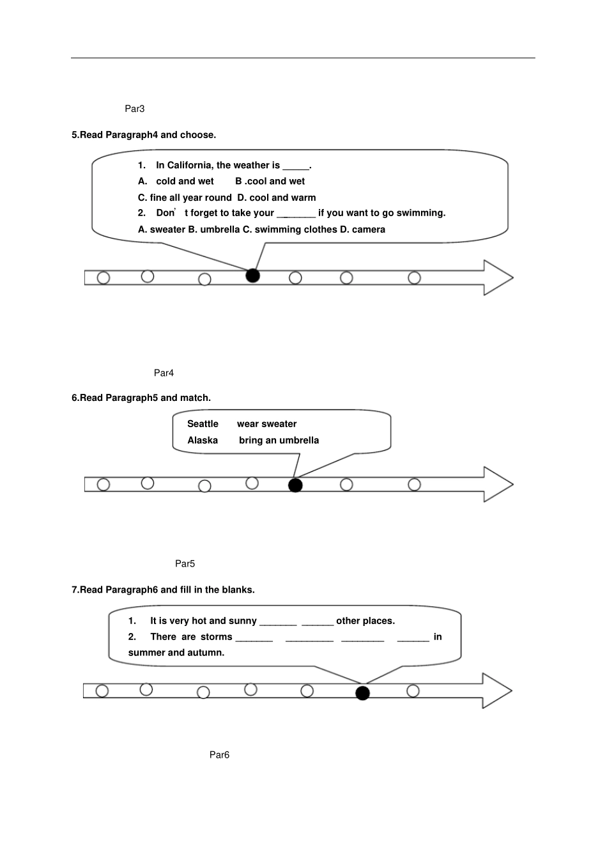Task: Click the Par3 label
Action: click(135, 109)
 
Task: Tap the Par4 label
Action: click(164, 373)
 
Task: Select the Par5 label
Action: click(185, 563)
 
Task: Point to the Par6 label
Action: click(219, 754)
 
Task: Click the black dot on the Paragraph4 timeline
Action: click(253, 276)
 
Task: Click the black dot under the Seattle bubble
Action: click(295, 485)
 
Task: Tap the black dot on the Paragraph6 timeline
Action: click(362, 693)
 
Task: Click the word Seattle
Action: click(203, 424)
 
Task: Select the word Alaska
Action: click(203, 440)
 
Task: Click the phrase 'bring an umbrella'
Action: click(279, 440)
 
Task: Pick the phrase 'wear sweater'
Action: click(266, 424)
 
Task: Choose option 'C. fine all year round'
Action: click(185, 198)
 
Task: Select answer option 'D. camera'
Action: click(362, 230)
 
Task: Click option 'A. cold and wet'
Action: click(176, 181)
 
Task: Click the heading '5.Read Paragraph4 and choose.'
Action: click(144, 135)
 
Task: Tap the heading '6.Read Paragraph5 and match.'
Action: click(141, 398)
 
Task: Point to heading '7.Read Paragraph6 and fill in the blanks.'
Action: click(163, 590)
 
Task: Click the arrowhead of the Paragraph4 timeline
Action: click(498, 278)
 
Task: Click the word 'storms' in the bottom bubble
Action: click(216, 637)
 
